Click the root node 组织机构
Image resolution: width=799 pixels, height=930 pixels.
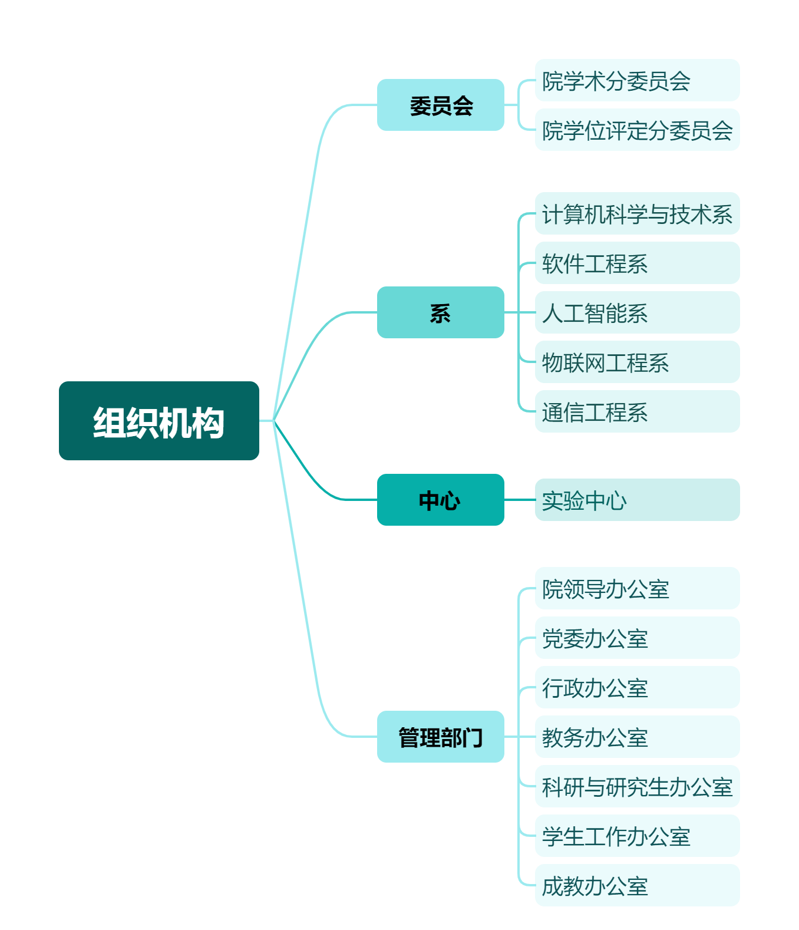tap(159, 420)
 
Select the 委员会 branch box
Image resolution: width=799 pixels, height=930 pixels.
tap(440, 105)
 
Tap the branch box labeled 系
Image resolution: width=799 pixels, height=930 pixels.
tap(440, 312)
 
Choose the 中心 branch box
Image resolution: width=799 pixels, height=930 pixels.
tap(440, 499)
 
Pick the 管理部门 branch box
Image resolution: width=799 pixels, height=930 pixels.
tap(440, 737)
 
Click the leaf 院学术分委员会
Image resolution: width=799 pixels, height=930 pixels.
tap(637, 80)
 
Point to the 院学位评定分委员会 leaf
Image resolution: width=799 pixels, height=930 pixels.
tap(637, 130)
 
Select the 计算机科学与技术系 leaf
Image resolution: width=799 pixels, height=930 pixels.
tap(637, 213)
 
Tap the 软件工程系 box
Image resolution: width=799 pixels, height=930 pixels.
tap(637, 263)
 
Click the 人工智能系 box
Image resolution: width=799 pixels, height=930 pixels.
tap(637, 312)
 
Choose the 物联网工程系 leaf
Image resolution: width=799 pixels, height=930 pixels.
tap(637, 362)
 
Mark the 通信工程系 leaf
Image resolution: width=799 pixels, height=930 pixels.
tap(637, 411)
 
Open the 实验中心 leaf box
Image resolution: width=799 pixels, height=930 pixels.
tap(637, 499)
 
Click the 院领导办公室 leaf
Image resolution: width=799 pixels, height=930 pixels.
tap(637, 588)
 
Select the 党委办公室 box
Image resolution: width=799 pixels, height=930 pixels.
tap(637, 638)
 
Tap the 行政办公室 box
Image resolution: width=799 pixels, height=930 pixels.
tap(637, 687)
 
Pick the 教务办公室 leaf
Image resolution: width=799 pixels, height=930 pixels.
tap(637, 737)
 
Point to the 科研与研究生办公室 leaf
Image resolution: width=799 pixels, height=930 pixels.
tap(637, 786)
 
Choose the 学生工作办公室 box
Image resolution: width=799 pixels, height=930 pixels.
tap(637, 836)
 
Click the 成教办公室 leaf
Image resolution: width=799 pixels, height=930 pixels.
tap(637, 885)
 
